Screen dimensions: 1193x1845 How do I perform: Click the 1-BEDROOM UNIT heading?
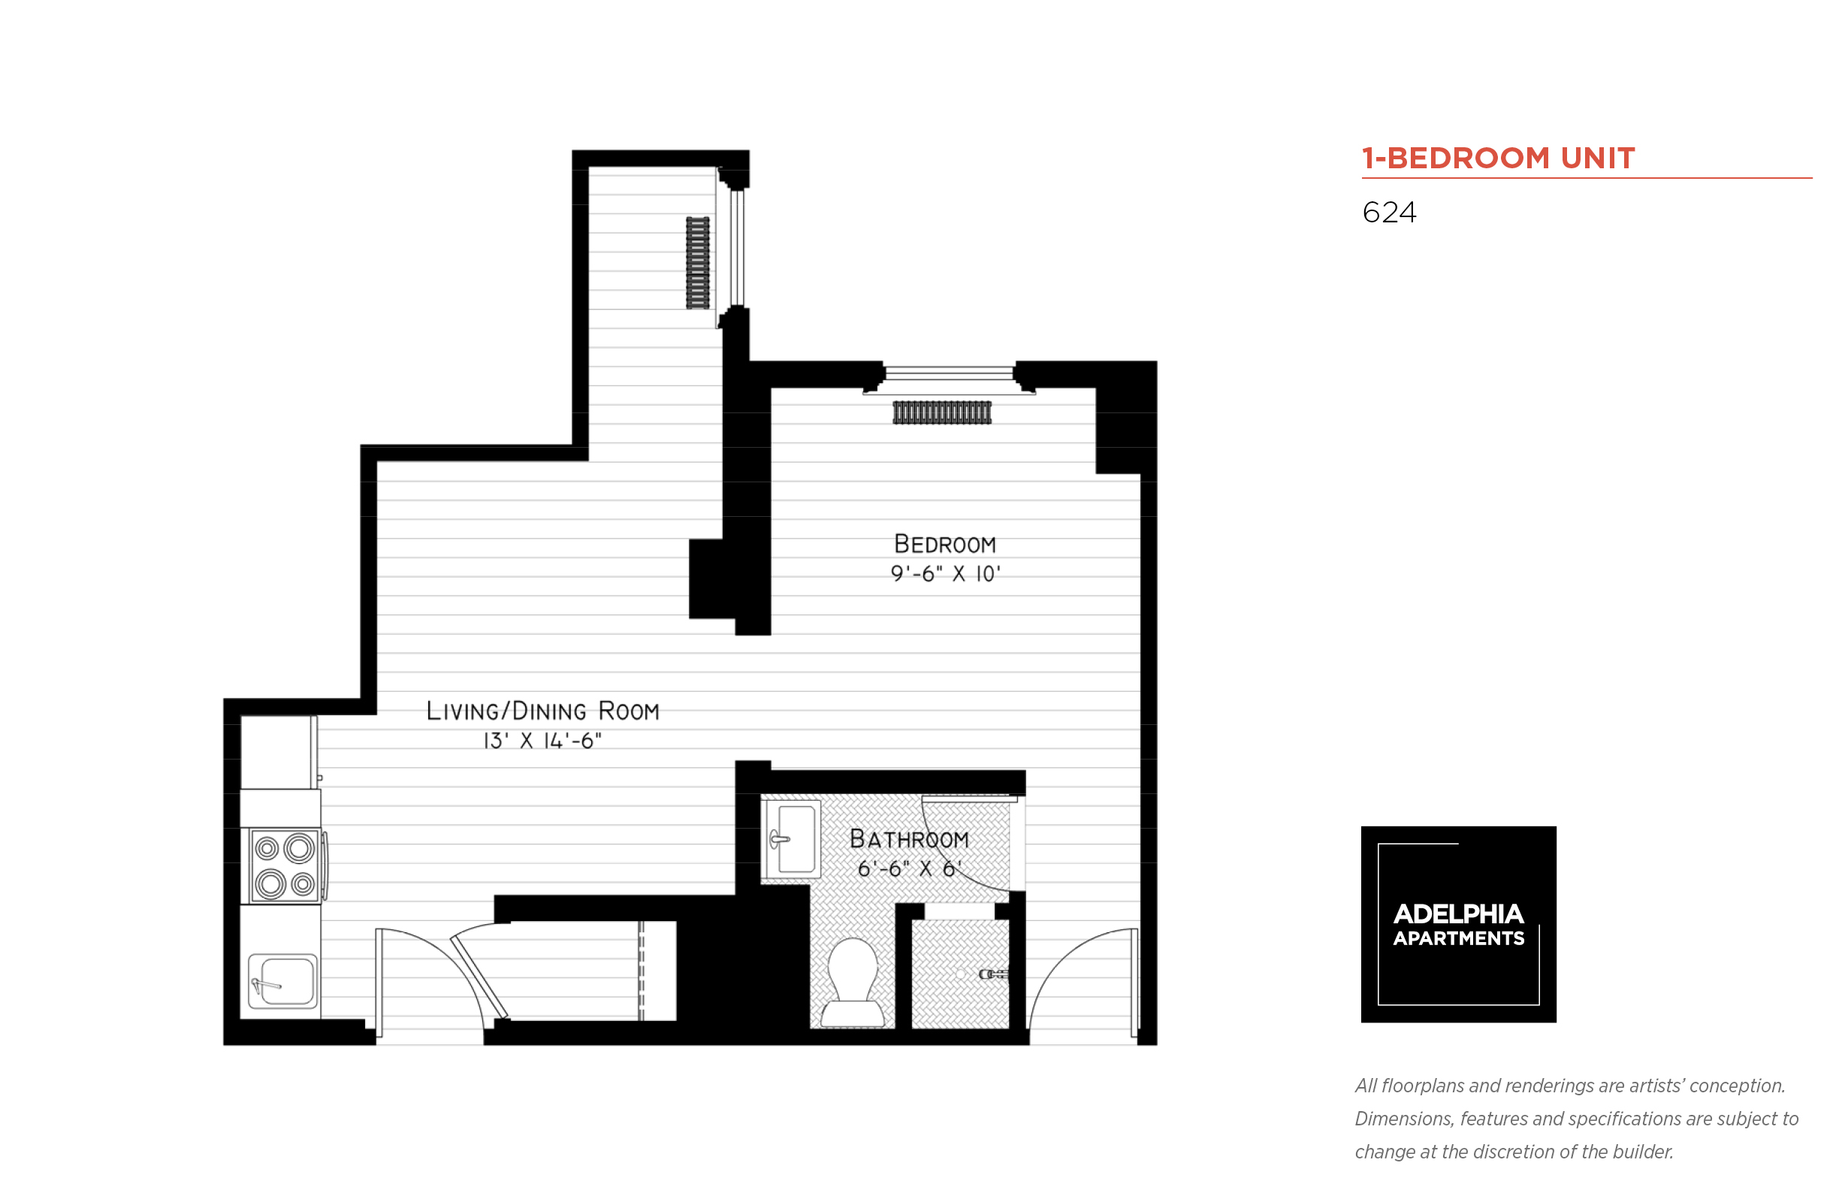coord(1497,158)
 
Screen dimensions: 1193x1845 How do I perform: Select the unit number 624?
coord(1389,213)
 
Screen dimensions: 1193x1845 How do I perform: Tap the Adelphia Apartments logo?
coord(1457,923)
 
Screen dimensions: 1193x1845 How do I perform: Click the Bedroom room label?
coord(944,544)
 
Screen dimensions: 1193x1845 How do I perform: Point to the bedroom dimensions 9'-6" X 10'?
coord(945,574)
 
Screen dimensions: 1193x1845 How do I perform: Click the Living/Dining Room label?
coord(542,711)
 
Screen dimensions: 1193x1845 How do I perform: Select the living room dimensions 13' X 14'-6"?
coord(542,741)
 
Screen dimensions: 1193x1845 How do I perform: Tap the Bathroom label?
coord(908,839)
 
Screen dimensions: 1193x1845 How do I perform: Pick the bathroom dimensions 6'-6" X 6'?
coord(908,868)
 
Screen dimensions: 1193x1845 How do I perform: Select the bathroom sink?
coord(793,839)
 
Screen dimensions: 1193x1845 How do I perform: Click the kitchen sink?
coord(282,980)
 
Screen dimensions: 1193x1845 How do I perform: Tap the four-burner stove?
coord(285,866)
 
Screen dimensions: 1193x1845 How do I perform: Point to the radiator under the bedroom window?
coord(941,412)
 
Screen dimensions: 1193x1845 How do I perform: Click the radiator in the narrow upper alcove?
coord(697,263)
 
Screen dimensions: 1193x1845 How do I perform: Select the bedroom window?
coord(949,373)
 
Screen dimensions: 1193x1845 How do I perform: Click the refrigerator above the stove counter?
coord(277,751)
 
